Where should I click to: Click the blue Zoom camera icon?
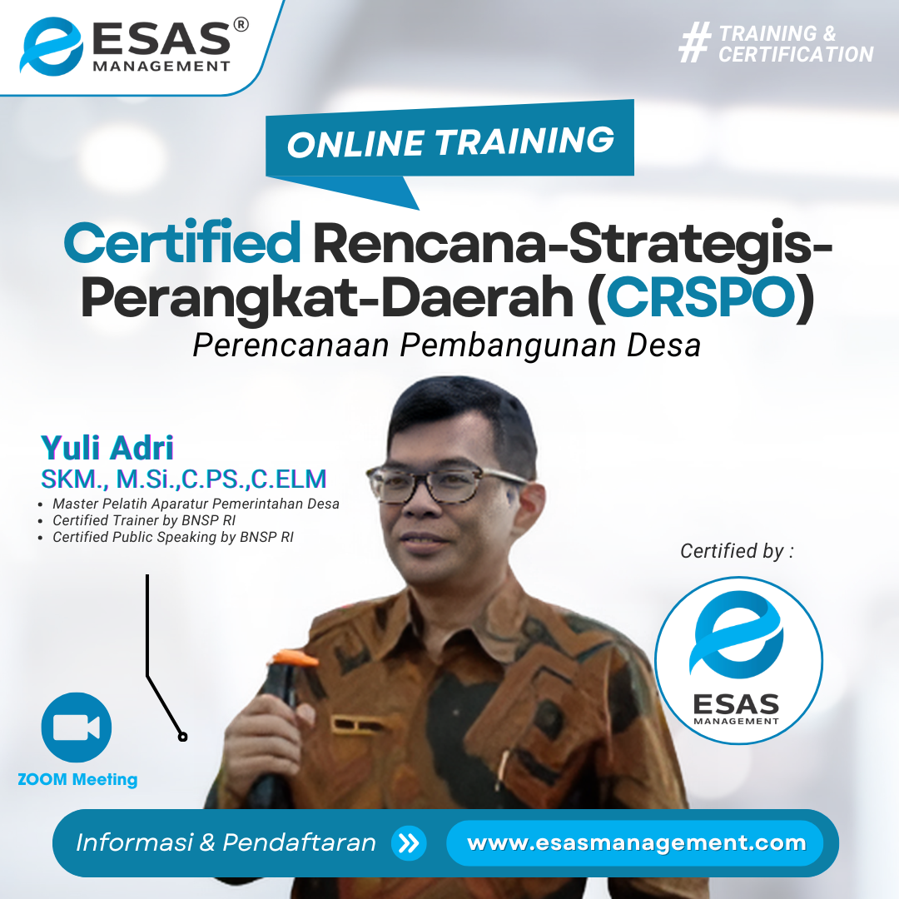pyautogui.click(x=77, y=727)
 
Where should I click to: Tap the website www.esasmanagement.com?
pyautogui.click(x=637, y=842)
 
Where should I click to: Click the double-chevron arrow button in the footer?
pyautogui.click(x=409, y=843)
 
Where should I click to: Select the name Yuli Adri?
pyautogui.click(x=107, y=448)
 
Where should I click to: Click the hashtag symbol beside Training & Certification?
pyautogui.click(x=695, y=42)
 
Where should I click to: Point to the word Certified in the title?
pyautogui.click(x=182, y=243)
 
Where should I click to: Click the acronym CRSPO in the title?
pyautogui.click(x=701, y=297)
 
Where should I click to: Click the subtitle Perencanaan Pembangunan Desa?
pyautogui.click(x=447, y=345)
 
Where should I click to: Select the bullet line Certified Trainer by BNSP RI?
pyautogui.click(x=144, y=520)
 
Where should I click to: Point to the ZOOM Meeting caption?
pyautogui.click(x=77, y=779)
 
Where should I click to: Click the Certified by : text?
pyautogui.click(x=737, y=551)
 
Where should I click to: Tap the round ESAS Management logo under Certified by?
pyautogui.click(x=738, y=660)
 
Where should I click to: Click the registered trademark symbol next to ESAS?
pyautogui.click(x=241, y=25)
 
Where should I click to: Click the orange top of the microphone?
pyautogui.click(x=294, y=657)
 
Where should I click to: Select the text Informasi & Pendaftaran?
pyautogui.click(x=226, y=842)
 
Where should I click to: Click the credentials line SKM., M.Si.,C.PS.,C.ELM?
pyautogui.click(x=183, y=479)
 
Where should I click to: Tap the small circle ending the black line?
pyautogui.click(x=182, y=737)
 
